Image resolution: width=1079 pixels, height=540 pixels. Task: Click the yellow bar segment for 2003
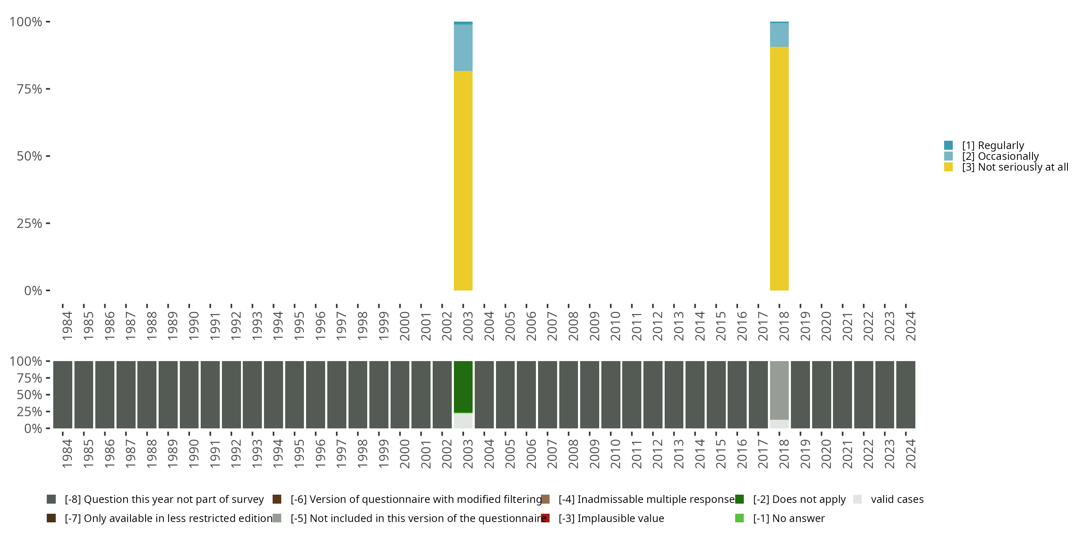point(463,180)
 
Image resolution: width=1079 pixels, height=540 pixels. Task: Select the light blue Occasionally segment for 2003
point(463,48)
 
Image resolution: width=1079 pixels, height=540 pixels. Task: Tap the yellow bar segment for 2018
point(779,168)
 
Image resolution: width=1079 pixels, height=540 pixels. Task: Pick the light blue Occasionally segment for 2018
point(779,35)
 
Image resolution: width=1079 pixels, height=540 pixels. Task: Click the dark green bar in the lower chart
point(463,387)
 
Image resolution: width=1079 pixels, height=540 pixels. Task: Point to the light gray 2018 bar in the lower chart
point(779,390)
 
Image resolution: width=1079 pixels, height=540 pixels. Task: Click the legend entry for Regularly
point(993,145)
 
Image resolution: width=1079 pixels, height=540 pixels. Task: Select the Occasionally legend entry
point(1000,156)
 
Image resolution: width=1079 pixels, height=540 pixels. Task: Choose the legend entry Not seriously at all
point(1015,167)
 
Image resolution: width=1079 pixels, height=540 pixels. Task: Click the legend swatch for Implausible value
point(545,518)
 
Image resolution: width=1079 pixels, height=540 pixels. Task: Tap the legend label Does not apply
point(799,499)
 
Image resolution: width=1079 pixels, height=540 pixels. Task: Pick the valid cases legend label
point(897,499)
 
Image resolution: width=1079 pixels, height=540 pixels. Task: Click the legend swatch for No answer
point(739,518)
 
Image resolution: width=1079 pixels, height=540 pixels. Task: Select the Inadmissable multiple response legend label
point(646,499)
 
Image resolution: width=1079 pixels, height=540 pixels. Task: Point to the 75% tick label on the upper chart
point(29,89)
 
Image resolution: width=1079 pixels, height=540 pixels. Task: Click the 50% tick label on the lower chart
point(29,395)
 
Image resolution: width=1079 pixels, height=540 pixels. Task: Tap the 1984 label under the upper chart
point(67,326)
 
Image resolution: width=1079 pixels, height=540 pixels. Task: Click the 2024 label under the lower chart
point(910,454)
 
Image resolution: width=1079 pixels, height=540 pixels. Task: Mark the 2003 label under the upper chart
point(468,326)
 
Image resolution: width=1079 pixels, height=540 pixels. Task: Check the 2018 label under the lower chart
point(784,454)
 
